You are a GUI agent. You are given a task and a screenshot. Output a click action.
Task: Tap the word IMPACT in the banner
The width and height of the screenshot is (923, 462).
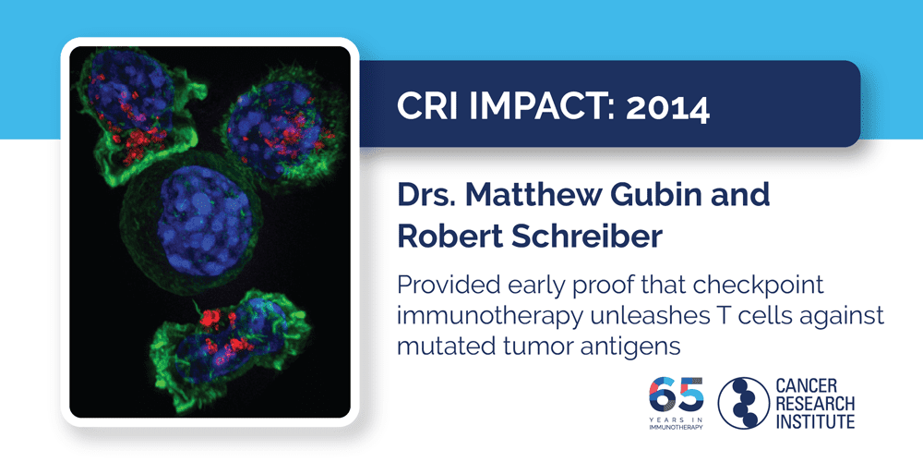(535, 108)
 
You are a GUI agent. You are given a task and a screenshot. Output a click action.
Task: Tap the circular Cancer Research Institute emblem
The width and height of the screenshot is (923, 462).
(745, 402)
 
